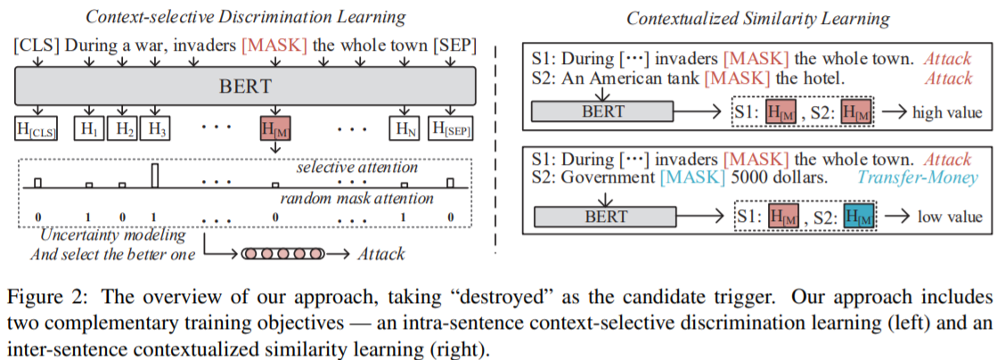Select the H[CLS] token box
pyautogui.click(x=37, y=128)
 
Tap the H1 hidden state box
pyautogui.click(x=89, y=128)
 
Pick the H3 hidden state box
pyautogui.click(x=157, y=128)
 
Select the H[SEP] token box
pyautogui.click(x=450, y=128)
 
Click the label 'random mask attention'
pyautogui.click(x=345, y=198)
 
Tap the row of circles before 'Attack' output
pyautogui.click(x=276, y=254)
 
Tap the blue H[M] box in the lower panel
pyautogui.click(x=856, y=217)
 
